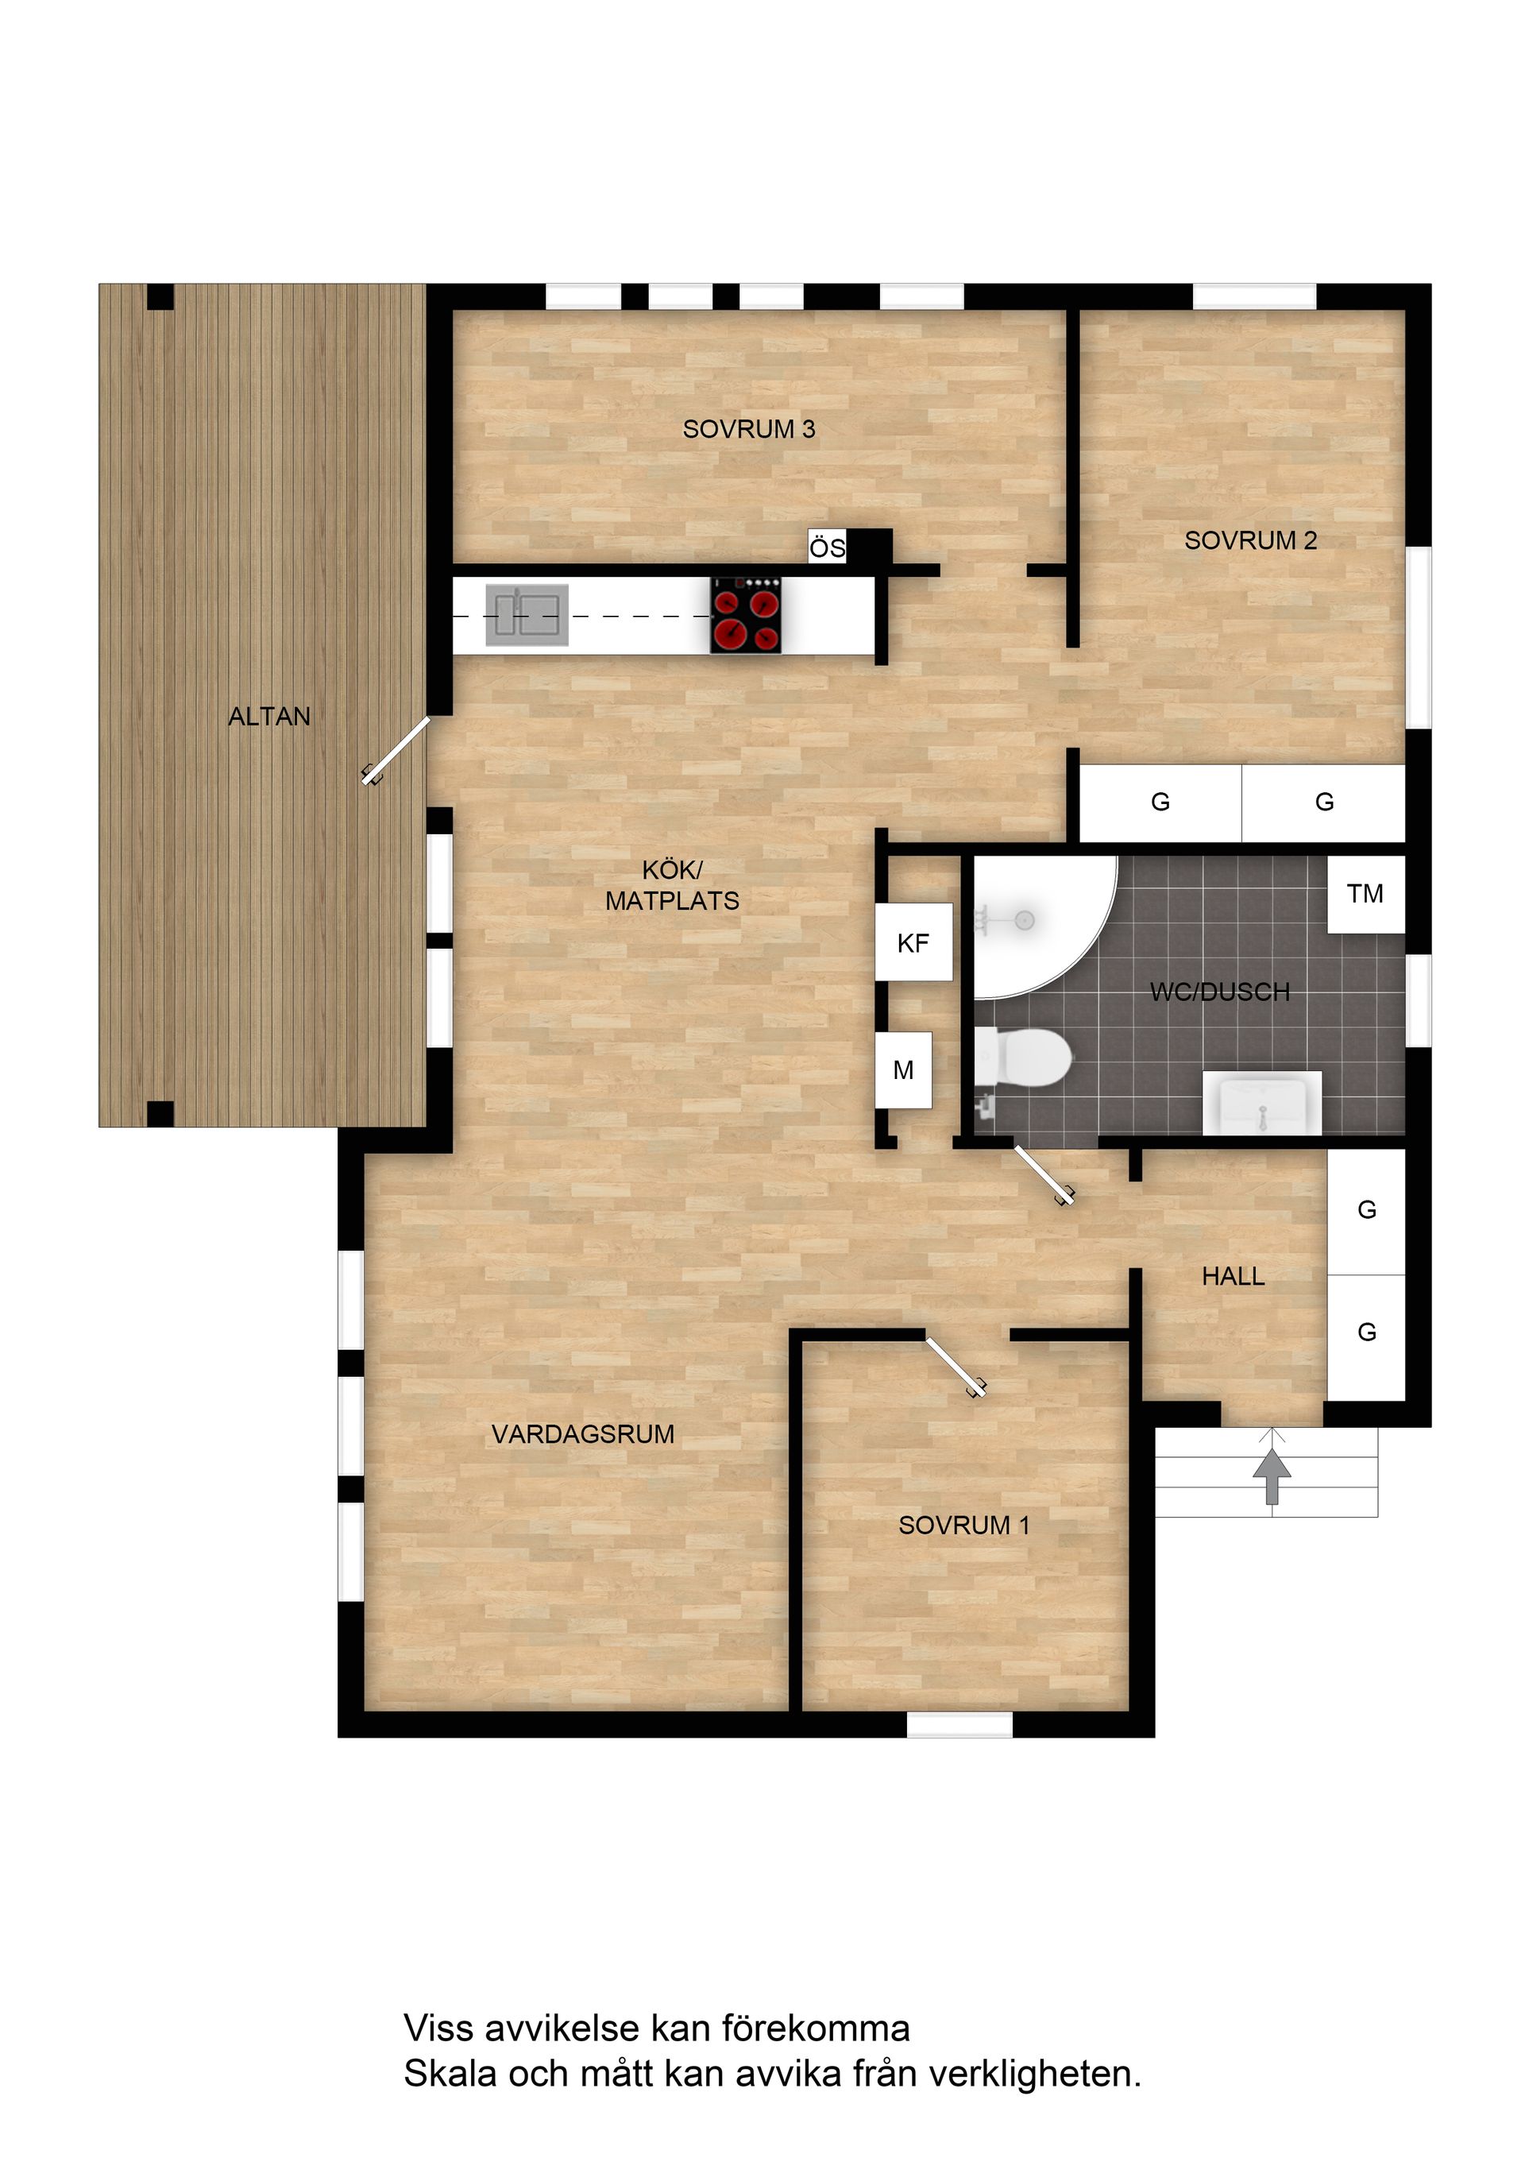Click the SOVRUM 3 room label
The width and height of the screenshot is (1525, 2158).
[x=749, y=430]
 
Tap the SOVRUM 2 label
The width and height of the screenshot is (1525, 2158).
[x=1251, y=540]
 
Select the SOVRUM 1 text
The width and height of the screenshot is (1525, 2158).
[x=964, y=1525]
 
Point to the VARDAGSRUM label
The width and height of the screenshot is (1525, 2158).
[x=582, y=1434]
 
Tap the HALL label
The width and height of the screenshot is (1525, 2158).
[x=1233, y=1276]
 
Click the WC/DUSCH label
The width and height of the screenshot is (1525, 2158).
[x=1220, y=992]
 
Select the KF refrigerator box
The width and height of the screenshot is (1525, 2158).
[x=913, y=942]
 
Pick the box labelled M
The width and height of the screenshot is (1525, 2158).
[x=903, y=1069]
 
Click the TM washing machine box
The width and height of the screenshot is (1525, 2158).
[x=1365, y=894]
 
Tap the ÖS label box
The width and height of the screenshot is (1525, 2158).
[x=827, y=547]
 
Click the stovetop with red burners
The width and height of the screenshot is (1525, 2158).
[x=746, y=616]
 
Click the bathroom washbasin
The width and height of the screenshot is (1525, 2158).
[x=1262, y=1104]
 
